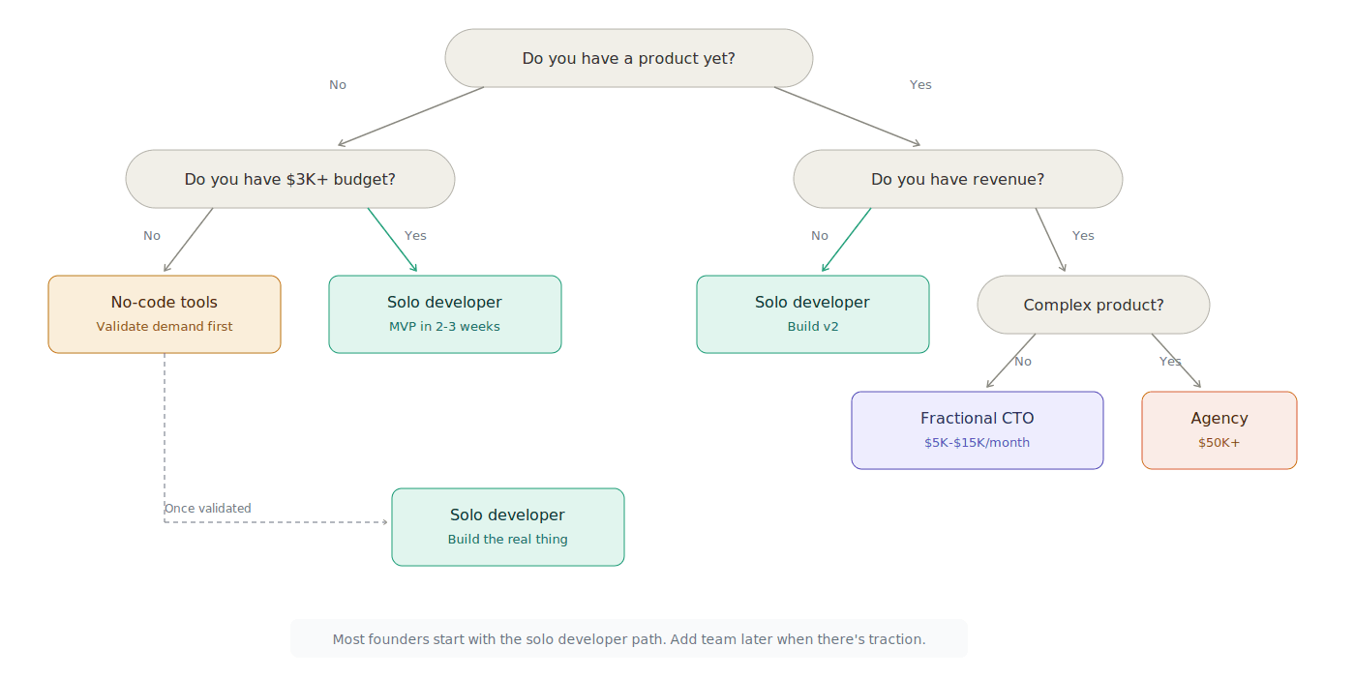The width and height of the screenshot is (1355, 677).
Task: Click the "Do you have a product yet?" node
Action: [628, 58]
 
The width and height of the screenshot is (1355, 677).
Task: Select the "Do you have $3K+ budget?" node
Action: [289, 179]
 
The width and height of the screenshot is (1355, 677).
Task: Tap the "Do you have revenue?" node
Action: [957, 179]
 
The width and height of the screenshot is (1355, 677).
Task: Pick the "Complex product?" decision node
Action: [1093, 305]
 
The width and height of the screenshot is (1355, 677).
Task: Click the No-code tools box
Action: [165, 313]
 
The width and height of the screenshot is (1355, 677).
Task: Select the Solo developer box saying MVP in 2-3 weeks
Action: [444, 313]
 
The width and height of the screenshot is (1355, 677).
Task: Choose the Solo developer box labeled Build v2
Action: [812, 313]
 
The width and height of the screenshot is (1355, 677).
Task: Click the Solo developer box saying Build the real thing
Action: [507, 526]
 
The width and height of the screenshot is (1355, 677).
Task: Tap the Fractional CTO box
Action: [977, 429]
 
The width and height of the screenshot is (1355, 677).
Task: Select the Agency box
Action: [1219, 429]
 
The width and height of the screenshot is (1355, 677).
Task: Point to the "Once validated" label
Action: [207, 509]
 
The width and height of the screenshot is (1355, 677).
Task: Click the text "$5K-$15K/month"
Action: [977, 443]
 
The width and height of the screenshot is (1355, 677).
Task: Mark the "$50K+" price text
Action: [1219, 443]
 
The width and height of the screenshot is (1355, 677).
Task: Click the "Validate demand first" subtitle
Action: [165, 327]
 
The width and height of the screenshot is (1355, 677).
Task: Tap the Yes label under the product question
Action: [920, 85]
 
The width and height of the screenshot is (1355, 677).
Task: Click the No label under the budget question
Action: [152, 236]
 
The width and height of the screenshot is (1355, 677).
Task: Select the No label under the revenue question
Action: [820, 236]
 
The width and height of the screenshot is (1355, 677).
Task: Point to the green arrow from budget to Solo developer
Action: [392, 240]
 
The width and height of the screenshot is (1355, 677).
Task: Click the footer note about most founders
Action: [628, 639]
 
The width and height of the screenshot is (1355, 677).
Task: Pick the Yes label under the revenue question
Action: [1083, 236]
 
